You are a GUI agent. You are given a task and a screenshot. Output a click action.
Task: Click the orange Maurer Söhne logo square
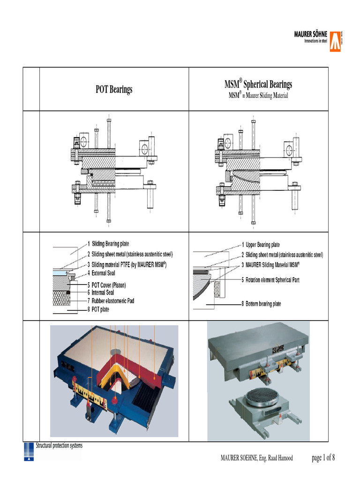[x=335, y=41]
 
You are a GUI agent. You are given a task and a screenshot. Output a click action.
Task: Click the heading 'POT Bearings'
[x=114, y=89]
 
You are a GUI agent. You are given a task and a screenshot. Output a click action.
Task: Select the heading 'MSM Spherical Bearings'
[x=258, y=84]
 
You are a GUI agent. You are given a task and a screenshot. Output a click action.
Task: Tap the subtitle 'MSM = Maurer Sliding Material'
[x=258, y=96]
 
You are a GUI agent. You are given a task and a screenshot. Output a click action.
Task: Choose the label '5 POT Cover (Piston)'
[x=109, y=285]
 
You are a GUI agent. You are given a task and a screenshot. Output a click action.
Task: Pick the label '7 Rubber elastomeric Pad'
[x=112, y=301]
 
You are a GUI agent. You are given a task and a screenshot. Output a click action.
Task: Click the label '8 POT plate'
[x=100, y=310]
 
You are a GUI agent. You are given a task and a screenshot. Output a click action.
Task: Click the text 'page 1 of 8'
[x=323, y=458]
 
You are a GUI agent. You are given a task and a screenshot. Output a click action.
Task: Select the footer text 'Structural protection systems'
[x=59, y=445]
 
